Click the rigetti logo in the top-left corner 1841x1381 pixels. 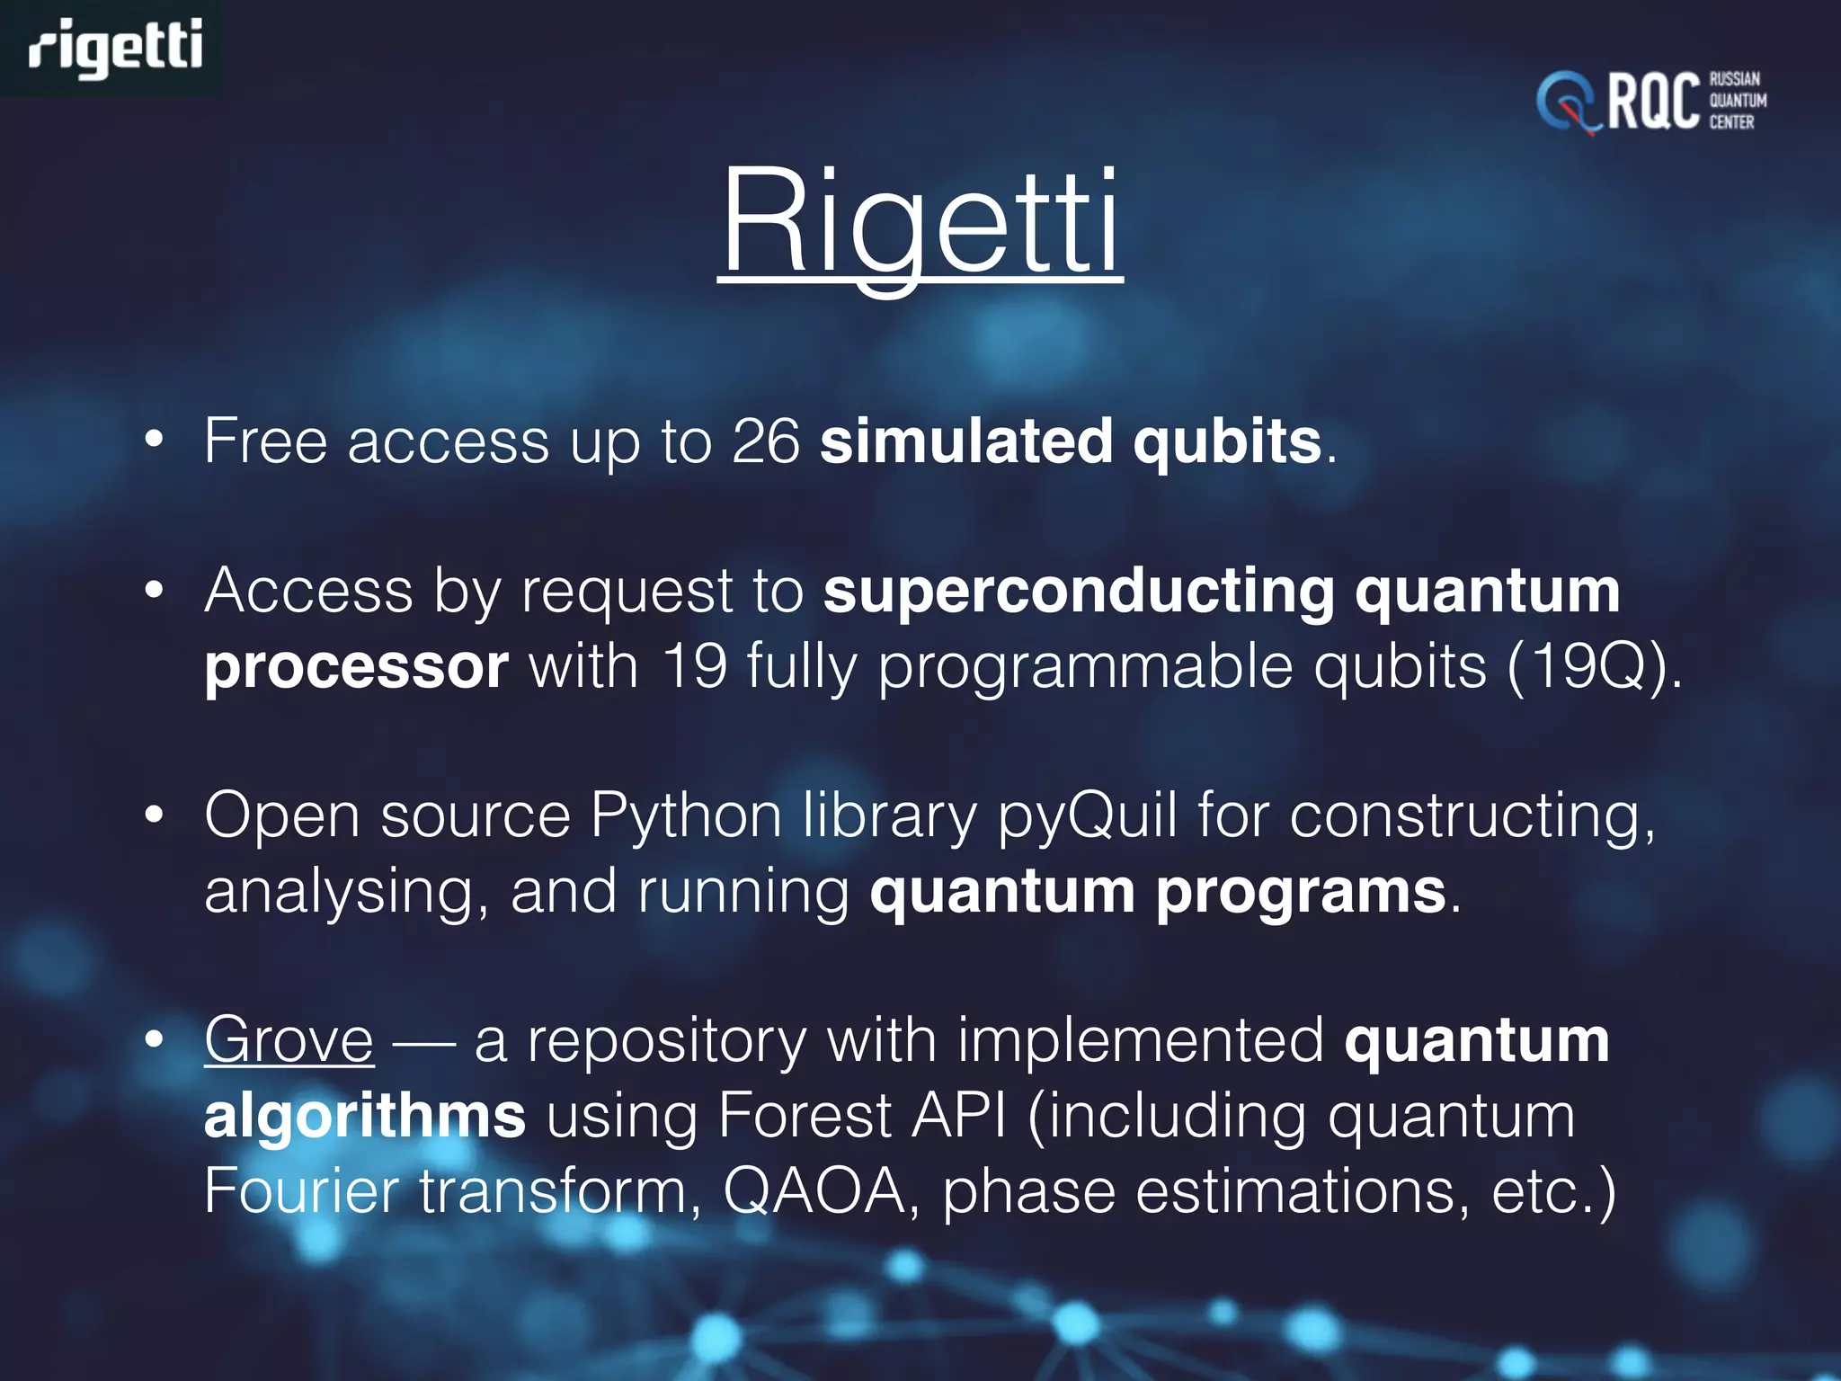(115, 48)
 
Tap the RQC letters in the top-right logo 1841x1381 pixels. (1652, 102)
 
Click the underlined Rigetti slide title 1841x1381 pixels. (920, 223)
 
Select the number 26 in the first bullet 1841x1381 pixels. (765, 441)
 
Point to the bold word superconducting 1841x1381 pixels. (1079, 591)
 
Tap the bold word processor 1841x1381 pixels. (356, 667)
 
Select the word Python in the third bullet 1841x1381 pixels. (686, 815)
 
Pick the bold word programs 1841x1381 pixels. (1301, 893)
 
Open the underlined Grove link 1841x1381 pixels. (289, 1039)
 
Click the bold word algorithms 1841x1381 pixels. (364, 1116)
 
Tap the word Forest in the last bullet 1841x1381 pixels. (804, 1116)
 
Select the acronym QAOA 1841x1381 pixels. (814, 1191)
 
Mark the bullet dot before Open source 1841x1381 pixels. (155, 815)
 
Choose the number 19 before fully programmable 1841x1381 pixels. (694, 667)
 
